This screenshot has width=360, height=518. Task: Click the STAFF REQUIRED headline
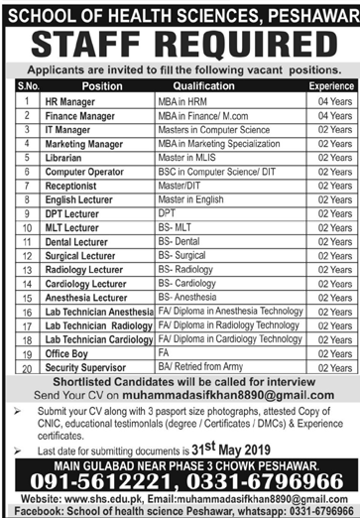[x=179, y=45]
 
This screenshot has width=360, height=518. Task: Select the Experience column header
[x=330, y=86]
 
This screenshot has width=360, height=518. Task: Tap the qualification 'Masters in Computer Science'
[x=212, y=129]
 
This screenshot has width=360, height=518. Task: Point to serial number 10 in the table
[x=22, y=226]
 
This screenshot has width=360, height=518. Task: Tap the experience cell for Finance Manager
[x=331, y=115]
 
